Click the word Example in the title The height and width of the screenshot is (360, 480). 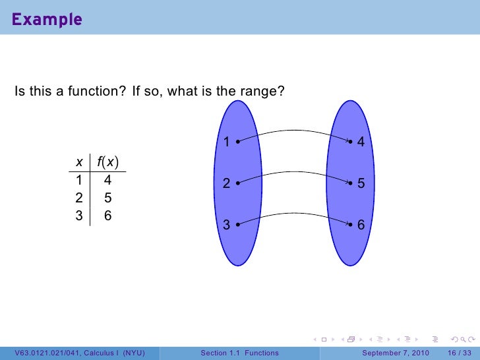(46, 19)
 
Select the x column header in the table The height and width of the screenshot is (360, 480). (79, 162)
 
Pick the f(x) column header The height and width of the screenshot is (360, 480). (107, 162)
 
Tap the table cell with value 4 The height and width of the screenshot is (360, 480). (107, 179)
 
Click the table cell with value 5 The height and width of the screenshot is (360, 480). (107, 197)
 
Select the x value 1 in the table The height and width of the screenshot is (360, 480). (79, 179)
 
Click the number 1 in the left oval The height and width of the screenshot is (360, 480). (226, 142)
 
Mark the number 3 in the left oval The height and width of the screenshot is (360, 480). (226, 225)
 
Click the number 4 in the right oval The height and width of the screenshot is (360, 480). (361, 142)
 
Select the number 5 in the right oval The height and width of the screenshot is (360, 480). (361, 185)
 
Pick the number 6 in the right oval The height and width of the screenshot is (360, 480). (361, 225)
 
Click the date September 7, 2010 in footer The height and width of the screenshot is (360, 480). (396, 353)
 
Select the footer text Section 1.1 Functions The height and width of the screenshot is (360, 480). (239, 353)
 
